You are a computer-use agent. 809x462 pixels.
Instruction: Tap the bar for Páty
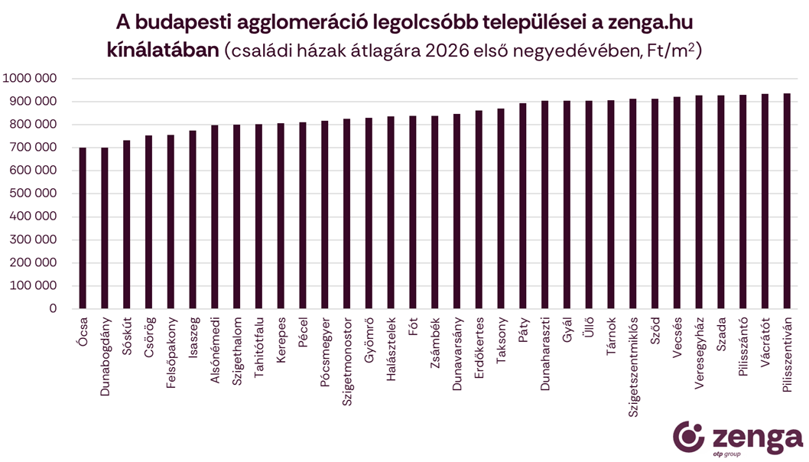523,206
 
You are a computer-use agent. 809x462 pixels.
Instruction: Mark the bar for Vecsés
677,203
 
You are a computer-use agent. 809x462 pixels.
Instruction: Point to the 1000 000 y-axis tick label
30,78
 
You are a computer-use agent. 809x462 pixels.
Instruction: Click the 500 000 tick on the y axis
34,194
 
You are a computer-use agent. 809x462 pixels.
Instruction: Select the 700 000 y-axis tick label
34,148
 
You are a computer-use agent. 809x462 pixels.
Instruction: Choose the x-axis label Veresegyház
699,354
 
